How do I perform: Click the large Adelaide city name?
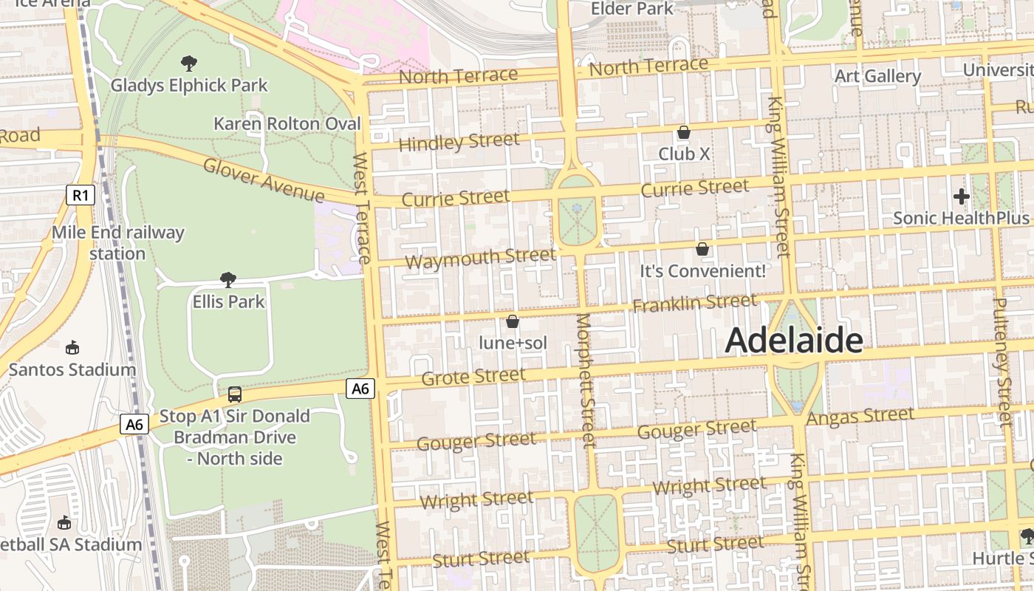coord(794,341)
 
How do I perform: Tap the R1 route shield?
coord(81,196)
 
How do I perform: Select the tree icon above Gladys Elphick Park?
coord(189,64)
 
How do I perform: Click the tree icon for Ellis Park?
coord(228,279)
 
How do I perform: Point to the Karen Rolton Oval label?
coord(287,123)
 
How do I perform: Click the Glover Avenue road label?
coord(264,180)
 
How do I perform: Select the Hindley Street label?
coord(459,140)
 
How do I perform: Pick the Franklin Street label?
coord(694,302)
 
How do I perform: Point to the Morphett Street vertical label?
coord(586,380)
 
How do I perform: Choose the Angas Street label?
coord(860,417)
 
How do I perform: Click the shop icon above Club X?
coord(684,133)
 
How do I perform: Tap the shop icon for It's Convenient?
coord(702,249)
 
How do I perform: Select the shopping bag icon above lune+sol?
coord(513,321)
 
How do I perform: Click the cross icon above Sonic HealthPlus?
coord(961,197)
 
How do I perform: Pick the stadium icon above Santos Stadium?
coord(72,347)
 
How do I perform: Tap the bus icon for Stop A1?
coord(235,394)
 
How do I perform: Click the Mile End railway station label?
coord(117,243)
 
